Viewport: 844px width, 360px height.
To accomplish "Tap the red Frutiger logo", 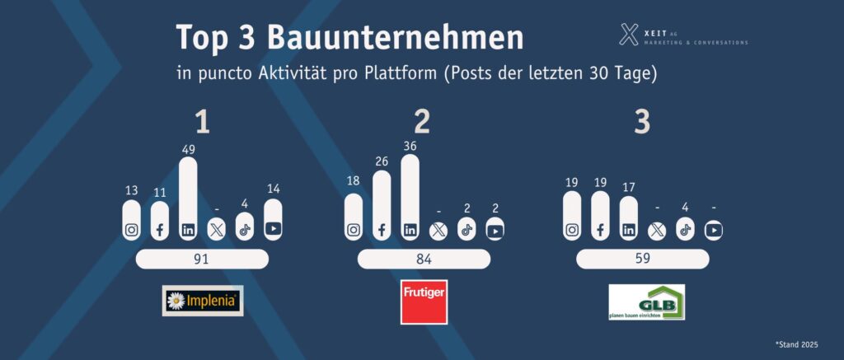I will click(x=424, y=302).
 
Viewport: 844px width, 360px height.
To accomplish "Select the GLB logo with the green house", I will click(x=646, y=302).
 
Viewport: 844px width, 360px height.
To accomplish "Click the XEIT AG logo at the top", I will click(x=683, y=35).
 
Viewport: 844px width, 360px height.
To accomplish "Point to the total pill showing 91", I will click(x=201, y=259).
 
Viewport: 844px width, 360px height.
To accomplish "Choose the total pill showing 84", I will click(x=424, y=259).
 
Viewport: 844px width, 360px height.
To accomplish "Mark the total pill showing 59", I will click(x=641, y=259).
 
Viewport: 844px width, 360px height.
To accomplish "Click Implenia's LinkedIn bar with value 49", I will click(x=188, y=198).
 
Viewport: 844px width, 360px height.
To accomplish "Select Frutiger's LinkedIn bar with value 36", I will click(x=410, y=198).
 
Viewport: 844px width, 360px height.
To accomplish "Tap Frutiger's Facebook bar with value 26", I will click(x=382, y=206).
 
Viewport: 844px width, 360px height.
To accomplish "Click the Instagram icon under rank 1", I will click(x=132, y=230).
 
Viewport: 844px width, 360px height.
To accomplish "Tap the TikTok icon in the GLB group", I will click(x=684, y=230).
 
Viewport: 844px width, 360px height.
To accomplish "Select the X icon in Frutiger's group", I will click(x=438, y=230).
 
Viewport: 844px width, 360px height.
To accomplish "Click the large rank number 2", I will click(x=422, y=122).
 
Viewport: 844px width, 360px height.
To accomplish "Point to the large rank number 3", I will click(x=642, y=122).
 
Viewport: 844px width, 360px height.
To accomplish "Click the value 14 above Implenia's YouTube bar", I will click(x=273, y=189).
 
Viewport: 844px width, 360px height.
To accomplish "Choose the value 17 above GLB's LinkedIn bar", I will click(x=629, y=186).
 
